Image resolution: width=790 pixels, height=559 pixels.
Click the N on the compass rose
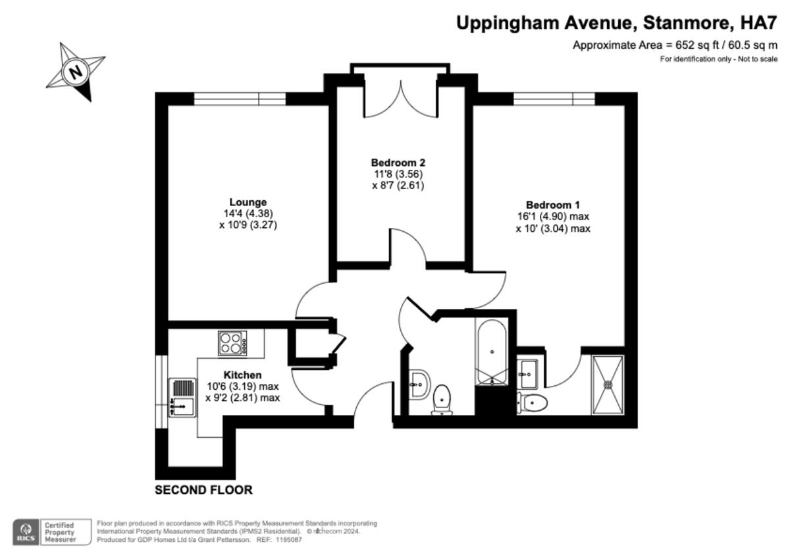pos(76,70)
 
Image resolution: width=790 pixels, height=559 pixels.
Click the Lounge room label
pos(248,202)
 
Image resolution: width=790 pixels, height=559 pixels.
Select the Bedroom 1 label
pos(552,205)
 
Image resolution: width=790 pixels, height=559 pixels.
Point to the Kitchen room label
pos(243,375)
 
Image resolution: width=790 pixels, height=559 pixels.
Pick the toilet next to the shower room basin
pos(532,403)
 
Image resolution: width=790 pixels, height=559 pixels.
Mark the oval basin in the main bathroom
pos(418,383)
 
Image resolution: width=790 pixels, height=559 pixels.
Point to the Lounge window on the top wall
pos(240,99)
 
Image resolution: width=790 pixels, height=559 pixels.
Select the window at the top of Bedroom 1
pos(553,99)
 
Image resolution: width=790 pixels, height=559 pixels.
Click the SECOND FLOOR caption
pos(203,490)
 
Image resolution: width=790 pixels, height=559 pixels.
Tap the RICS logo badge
pos(26,532)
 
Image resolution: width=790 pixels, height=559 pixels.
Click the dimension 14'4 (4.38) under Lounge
pos(248,213)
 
